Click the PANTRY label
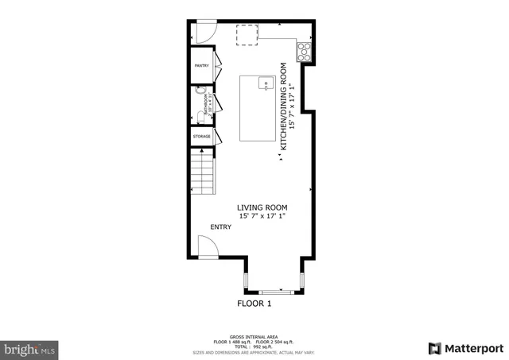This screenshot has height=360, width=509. click(201, 66)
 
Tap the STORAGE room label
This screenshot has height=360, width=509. click(201, 137)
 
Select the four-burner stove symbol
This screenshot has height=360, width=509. click(304, 51)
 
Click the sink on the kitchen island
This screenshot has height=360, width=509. click(266, 83)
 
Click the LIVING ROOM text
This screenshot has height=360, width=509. click(262, 208)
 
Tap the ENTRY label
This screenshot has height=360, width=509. click(221, 227)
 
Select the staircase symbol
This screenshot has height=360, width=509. click(202, 172)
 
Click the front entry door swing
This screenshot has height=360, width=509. click(206, 247)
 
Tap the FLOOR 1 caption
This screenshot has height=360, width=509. click(254, 304)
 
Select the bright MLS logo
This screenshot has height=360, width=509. click(30, 348)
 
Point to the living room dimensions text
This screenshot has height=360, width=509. click(262, 216)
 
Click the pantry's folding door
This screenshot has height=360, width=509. click(217, 67)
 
